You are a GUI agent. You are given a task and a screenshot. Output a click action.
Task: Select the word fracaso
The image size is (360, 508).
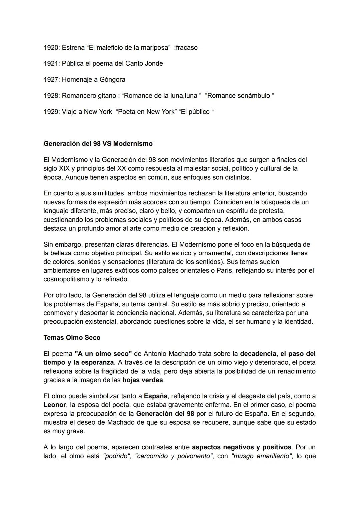coord(187,48)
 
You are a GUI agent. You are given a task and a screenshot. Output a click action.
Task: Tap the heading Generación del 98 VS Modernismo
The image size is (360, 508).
coord(98,144)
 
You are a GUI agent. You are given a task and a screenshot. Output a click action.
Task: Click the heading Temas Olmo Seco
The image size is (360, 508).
coord(72,338)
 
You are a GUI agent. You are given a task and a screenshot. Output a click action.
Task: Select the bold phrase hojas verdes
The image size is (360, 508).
coord(143,380)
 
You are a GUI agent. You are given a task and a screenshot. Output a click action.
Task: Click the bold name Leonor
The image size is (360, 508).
coord(55,405)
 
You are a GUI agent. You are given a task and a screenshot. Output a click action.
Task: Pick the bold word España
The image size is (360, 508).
coord(156,396)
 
